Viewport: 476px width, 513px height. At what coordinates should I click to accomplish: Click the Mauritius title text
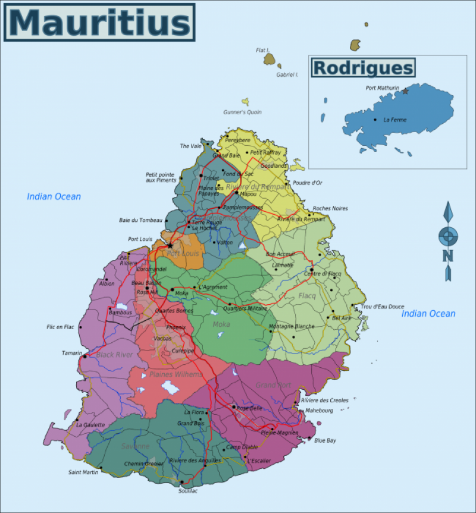click(x=99, y=22)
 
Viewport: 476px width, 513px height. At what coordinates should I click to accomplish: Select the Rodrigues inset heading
click(x=363, y=68)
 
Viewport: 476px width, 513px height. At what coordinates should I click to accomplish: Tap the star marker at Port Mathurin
click(x=405, y=91)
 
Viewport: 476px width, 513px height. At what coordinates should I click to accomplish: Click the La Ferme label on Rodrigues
click(x=395, y=120)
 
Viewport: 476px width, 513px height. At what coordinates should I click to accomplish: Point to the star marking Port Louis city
click(x=170, y=245)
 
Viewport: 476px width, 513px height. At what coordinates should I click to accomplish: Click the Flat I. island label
click(x=262, y=50)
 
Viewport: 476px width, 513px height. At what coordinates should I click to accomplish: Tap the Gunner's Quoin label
click(x=242, y=112)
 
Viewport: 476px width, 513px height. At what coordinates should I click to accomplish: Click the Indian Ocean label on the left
click(x=54, y=196)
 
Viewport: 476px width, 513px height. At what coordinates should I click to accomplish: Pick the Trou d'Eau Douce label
click(x=382, y=306)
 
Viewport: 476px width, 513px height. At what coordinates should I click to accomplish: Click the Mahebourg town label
click(x=319, y=411)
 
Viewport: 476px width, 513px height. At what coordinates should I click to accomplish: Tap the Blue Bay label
click(x=325, y=440)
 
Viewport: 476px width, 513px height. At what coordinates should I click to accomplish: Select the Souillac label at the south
click(x=187, y=491)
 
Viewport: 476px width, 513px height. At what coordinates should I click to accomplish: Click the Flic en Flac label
click(x=60, y=327)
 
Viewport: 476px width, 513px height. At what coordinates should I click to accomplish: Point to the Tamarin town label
click(x=71, y=353)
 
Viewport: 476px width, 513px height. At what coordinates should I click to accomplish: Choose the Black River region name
click(x=114, y=355)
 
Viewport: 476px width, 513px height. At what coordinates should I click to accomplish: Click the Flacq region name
click(x=307, y=296)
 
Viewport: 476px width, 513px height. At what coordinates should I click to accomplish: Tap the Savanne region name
click(x=136, y=446)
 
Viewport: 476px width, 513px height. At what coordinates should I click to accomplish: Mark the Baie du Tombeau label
click(x=140, y=220)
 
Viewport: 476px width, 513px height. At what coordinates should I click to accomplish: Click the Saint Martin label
click(x=83, y=473)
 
